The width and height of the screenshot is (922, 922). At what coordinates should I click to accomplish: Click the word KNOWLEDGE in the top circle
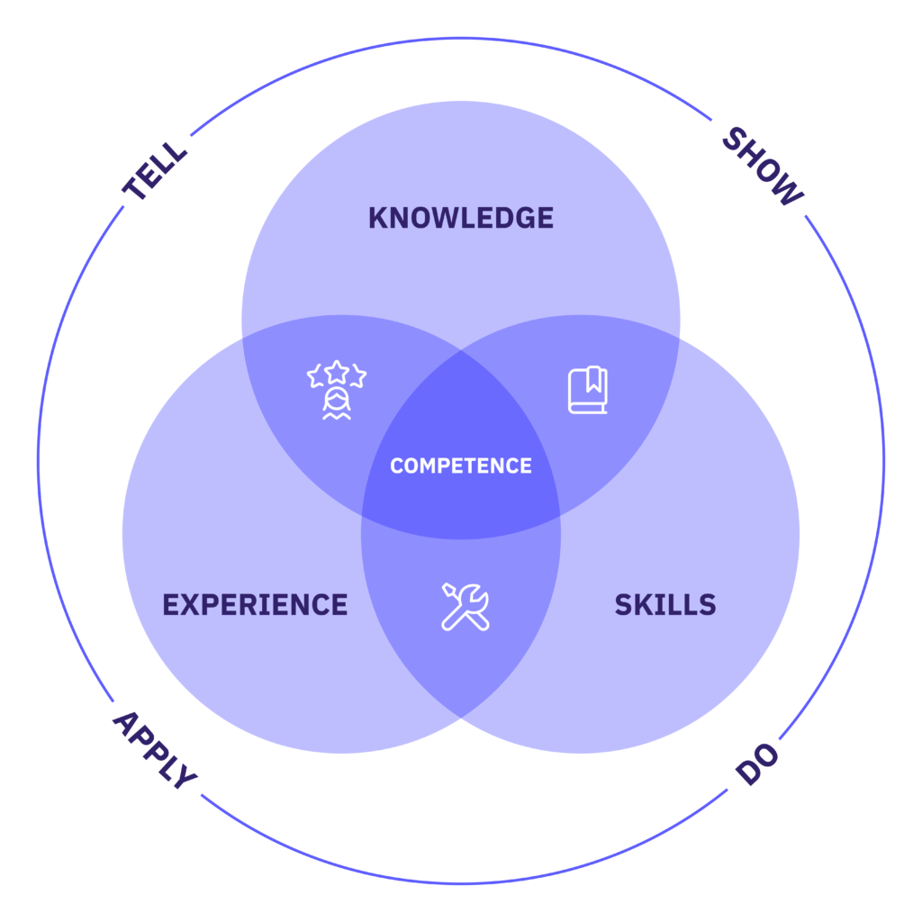[461, 218]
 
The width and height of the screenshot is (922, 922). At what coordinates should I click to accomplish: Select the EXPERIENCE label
[255, 604]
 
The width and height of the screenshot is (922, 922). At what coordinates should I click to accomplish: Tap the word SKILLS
[665, 604]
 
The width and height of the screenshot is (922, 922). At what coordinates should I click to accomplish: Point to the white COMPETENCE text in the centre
[461, 466]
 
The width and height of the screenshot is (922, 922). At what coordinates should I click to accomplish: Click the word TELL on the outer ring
[156, 169]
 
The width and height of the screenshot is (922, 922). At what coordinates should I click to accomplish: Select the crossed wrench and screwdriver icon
[466, 606]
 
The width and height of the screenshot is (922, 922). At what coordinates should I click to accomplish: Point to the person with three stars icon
[336, 390]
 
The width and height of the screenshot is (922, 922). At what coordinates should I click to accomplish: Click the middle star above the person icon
[337, 370]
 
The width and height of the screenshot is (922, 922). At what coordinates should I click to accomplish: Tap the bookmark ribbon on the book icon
[594, 380]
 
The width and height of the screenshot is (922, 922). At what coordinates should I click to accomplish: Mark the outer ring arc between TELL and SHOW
[461, 38]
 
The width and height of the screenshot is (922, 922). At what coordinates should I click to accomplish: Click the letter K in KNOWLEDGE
[379, 218]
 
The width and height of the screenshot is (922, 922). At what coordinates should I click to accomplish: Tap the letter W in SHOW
[788, 191]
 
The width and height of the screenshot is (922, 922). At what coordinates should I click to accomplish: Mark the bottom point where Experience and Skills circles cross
[461, 717]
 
